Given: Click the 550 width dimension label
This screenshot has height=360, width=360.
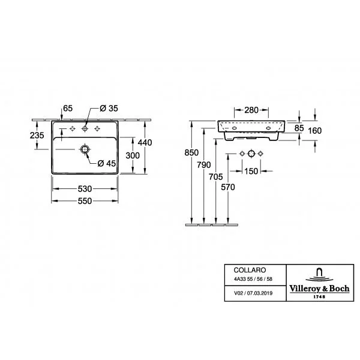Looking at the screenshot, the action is (x=85, y=201).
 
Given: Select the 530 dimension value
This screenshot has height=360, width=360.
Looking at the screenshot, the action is (x=85, y=189).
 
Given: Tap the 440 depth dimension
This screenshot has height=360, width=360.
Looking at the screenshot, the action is (x=145, y=143).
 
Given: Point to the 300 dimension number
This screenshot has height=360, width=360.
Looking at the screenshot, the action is (x=133, y=155).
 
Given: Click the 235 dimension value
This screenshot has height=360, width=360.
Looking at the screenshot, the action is (x=37, y=136).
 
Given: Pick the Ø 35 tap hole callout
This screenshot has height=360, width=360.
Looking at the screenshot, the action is (x=109, y=109).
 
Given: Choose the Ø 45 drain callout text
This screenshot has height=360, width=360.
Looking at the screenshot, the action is (x=107, y=163).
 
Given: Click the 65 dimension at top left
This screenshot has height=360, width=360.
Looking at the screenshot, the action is (x=68, y=108).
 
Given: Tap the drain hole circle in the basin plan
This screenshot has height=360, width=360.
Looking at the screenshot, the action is (x=85, y=149).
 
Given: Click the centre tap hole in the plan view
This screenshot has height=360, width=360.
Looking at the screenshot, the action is (x=85, y=129).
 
